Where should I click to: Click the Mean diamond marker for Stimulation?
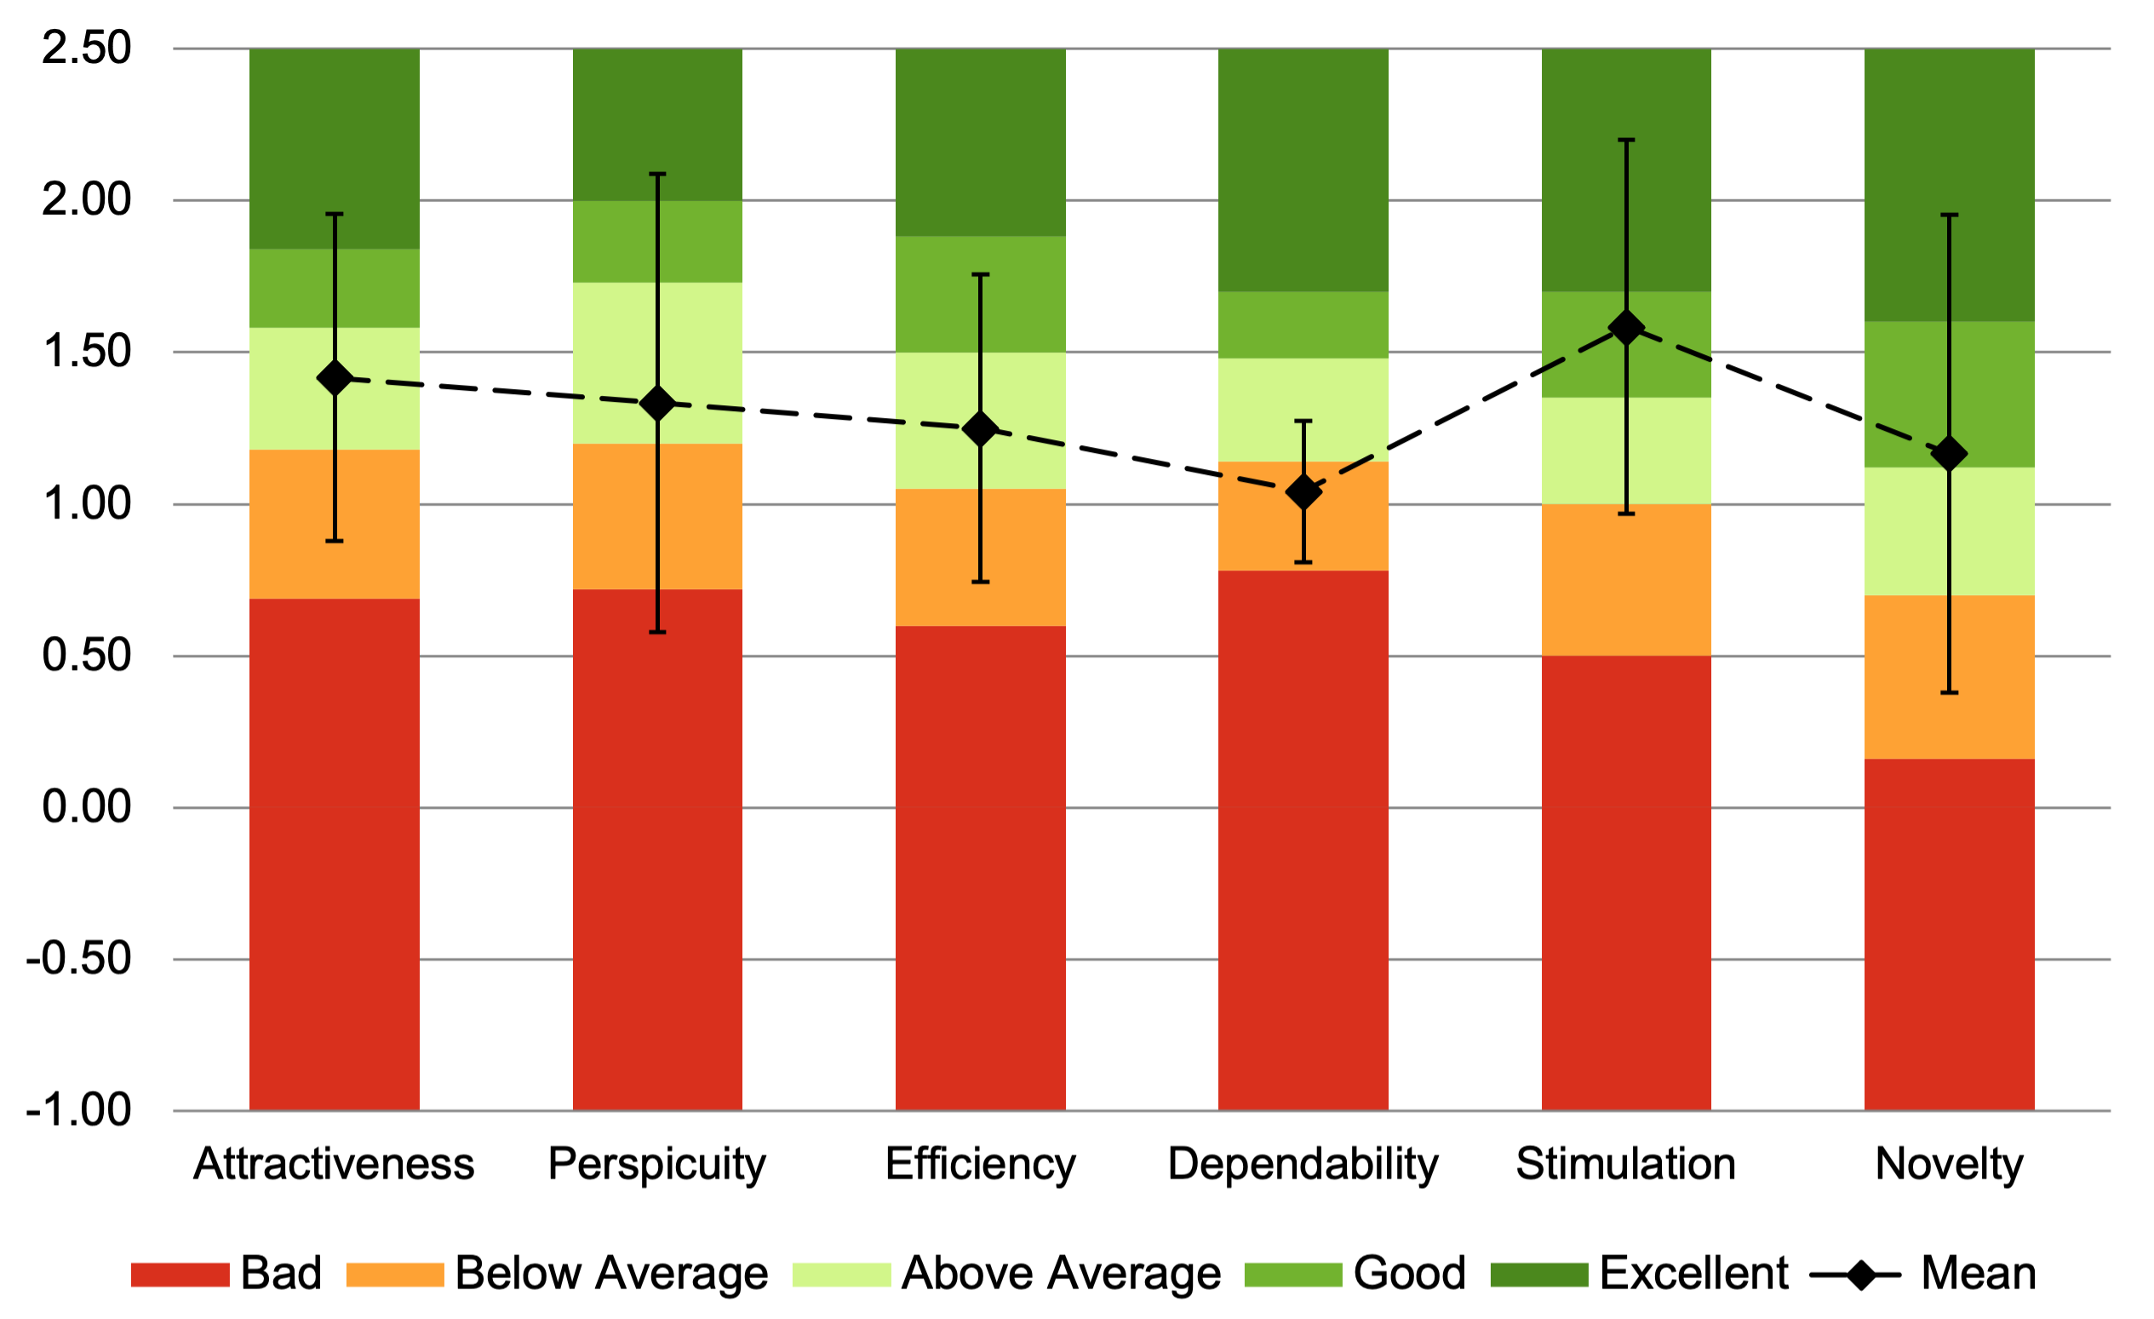point(1626,328)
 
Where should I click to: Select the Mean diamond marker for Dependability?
point(1303,492)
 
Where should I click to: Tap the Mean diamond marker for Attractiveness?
point(334,378)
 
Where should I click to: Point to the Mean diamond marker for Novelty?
point(1950,455)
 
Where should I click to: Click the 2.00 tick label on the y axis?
point(87,200)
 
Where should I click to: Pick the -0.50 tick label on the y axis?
point(78,959)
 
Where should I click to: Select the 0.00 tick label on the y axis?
point(87,806)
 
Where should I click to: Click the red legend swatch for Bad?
point(180,1275)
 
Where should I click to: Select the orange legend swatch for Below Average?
point(395,1275)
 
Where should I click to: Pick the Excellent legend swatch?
point(1538,1275)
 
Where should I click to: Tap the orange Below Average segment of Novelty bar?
point(1905,677)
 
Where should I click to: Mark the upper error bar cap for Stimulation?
point(1626,140)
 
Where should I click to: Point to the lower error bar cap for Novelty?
point(1950,692)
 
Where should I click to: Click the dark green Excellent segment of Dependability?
point(1303,169)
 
